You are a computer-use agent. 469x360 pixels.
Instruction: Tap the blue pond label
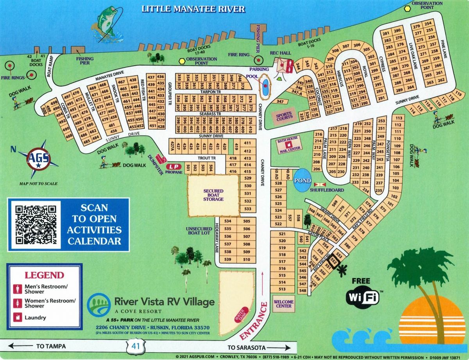pyautogui.click(x=303, y=181)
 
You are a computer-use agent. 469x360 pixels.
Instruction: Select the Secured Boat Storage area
pyautogui.click(x=213, y=195)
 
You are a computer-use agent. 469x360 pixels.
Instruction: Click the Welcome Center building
pyautogui.click(x=283, y=303)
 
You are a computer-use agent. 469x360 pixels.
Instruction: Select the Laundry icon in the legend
pyautogui.click(x=18, y=317)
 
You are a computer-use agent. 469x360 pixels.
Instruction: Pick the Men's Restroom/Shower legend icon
pyautogui.click(x=18, y=289)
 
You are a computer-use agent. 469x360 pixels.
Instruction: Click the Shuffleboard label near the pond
pyautogui.click(x=327, y=190)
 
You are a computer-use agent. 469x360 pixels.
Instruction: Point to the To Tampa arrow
pyautogui.click(x=35, y=346)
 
